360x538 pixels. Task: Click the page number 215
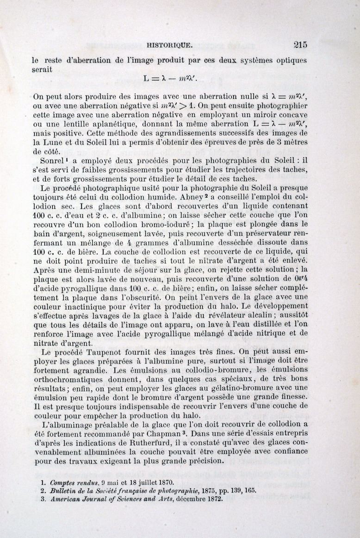coord(300,44)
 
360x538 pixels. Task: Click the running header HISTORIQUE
coord(169,45)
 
